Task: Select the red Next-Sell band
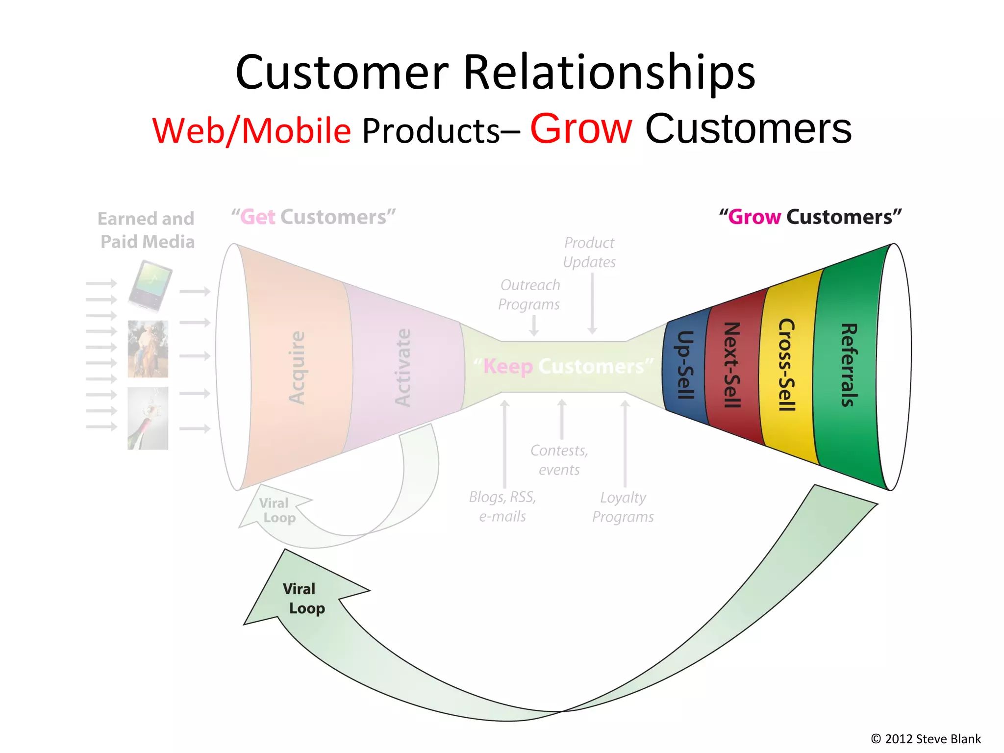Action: tap(732, 365)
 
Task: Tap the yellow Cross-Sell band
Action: tap(786, 365)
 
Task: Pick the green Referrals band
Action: tap(848, 365)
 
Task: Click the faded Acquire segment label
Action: tap(297, 368)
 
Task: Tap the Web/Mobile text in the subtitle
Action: tap(251, 131)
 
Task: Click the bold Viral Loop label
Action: tap(303, 599)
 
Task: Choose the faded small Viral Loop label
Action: tap(277, 510)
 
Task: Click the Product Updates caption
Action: tap(589, 252)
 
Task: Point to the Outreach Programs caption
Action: tap(529, 295)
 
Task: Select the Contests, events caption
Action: tap(559, 460)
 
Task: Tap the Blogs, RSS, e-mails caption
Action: tap(502, 506)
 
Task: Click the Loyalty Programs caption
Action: tap(623, 507)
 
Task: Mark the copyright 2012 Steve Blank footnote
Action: tap(926, 739)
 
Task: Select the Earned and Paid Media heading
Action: tap(147, 230)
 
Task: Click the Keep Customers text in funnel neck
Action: tap(564, 366)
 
